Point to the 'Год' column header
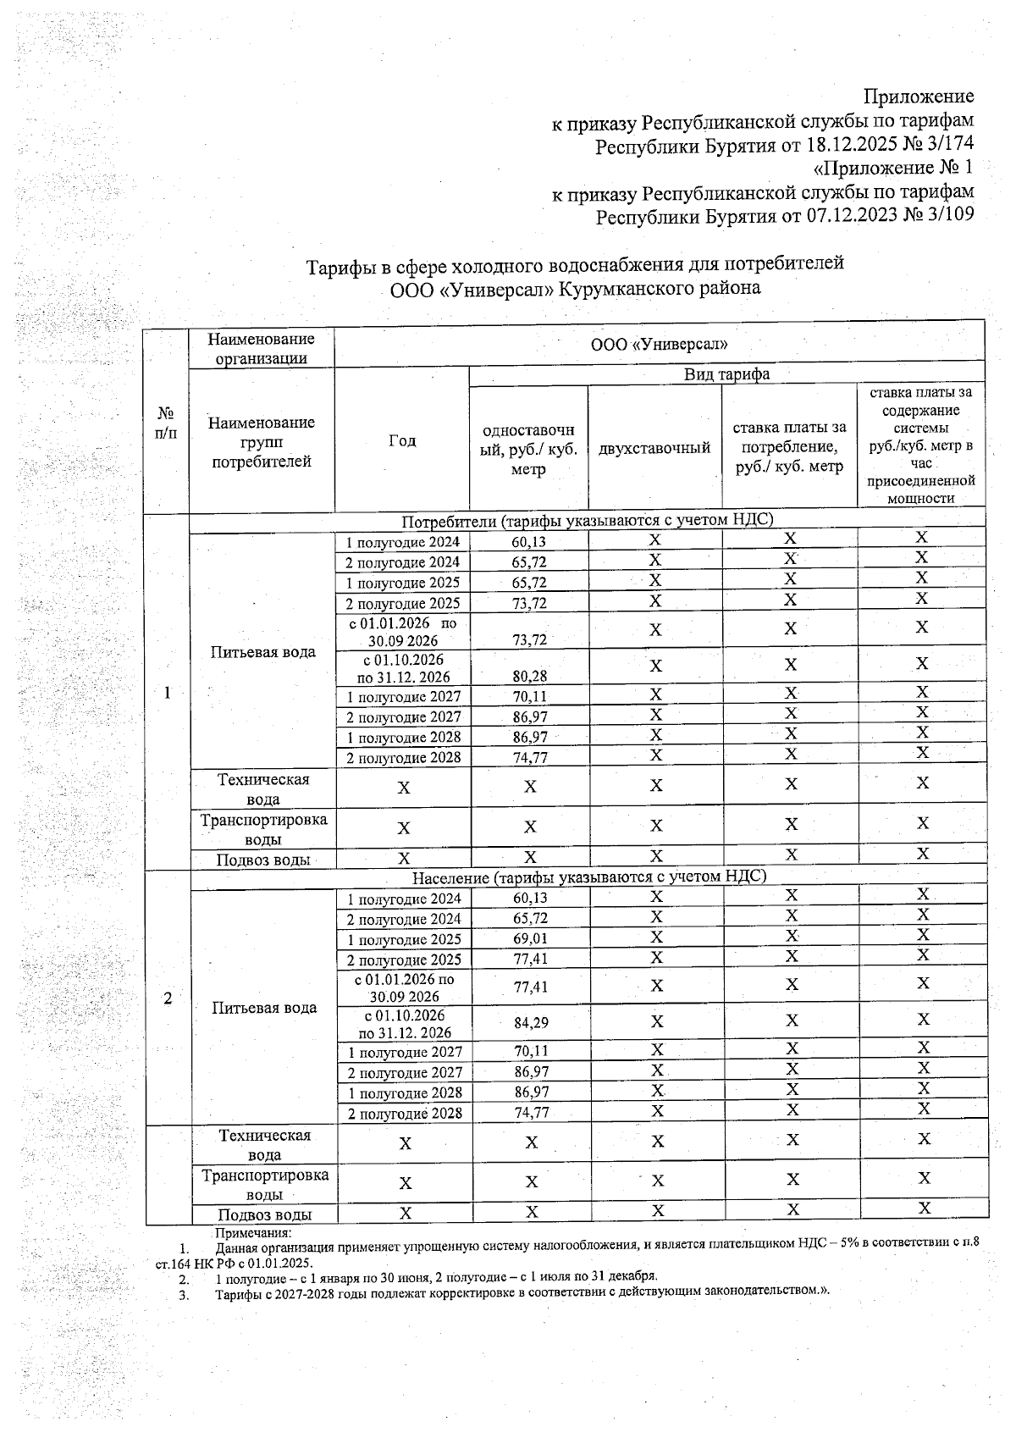402,440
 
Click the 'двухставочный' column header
654,447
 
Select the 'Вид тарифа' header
726,374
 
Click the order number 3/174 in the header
945,145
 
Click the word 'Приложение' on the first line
918,96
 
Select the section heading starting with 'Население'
588,877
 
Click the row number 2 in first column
168,998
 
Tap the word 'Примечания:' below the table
253,1233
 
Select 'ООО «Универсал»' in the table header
659,345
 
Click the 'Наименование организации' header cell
261,348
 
